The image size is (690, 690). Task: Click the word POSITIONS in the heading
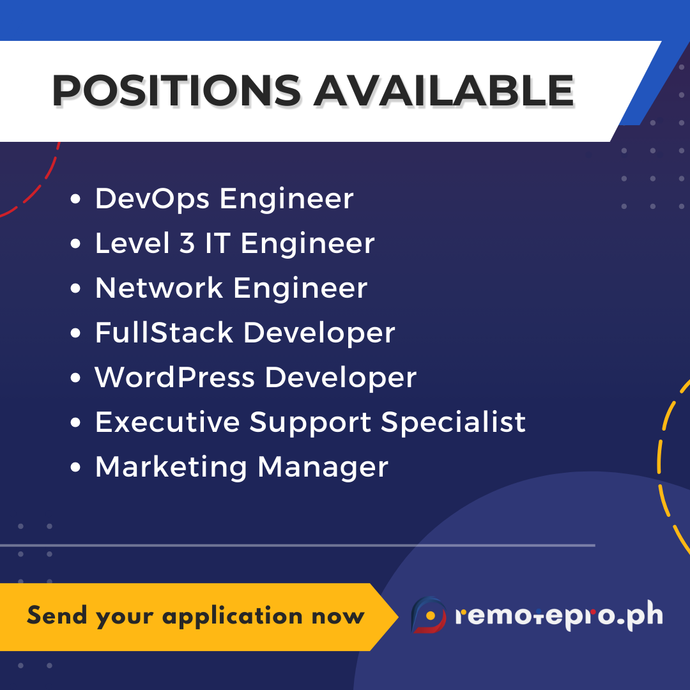pyautogui.click(x=176, y=90)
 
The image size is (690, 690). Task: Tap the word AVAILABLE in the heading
pyautogui.click(x=443, y=90)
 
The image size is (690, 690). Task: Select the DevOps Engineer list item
pyautogui.click(x=224, y=199)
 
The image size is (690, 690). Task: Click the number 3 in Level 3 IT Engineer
pyautogui.click(x=187, y=243)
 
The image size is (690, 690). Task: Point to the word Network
pyautogui.click(x=158, y=288)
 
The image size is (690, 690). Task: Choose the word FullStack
pyautogui.click(x=164, y=333)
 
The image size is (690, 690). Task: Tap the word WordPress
pyautogui.click(x=174, y=378)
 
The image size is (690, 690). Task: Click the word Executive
pyautogui.click(x=167, y=422)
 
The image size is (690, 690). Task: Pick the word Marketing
pyautogui.click(x=171, y=467)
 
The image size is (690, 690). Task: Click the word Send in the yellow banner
pyautogui.click(x=57, y=616)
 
